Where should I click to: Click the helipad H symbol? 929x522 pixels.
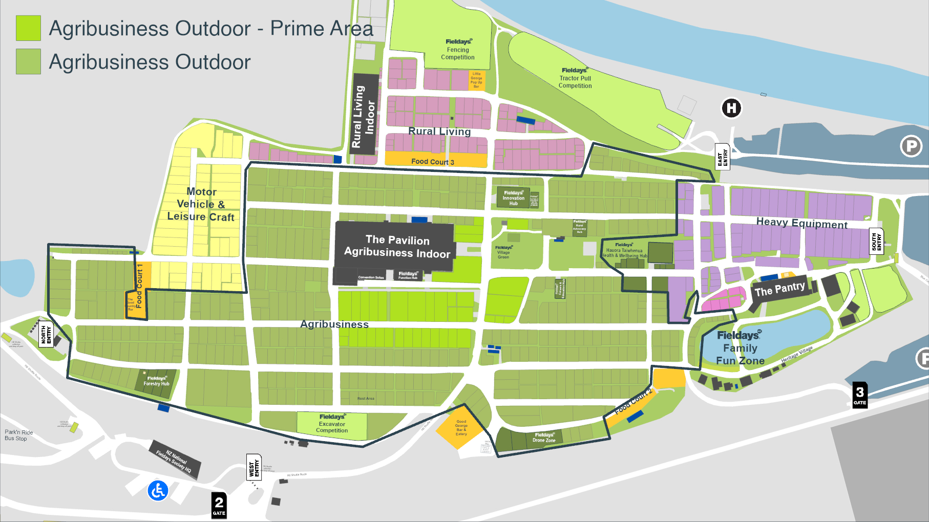731,108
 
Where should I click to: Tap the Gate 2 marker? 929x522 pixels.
219,505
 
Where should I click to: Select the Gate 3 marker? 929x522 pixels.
860,395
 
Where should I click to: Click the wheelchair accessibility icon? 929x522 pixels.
158,491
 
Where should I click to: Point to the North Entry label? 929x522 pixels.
46,334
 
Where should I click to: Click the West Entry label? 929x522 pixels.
254,467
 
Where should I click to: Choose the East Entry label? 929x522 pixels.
722,157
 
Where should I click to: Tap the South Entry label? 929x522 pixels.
876,242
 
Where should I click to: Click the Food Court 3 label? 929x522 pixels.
433,162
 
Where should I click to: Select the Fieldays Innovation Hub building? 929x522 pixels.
513,198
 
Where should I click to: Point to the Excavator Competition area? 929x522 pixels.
332,424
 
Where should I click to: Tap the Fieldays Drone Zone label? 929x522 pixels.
543,438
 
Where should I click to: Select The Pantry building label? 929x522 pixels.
779,289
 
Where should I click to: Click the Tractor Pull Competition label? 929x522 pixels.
575,78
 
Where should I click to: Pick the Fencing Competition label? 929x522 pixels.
458,50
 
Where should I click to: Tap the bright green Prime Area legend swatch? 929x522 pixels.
28,28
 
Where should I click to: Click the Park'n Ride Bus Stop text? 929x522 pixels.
18,436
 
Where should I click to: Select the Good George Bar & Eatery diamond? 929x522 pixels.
461,427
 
